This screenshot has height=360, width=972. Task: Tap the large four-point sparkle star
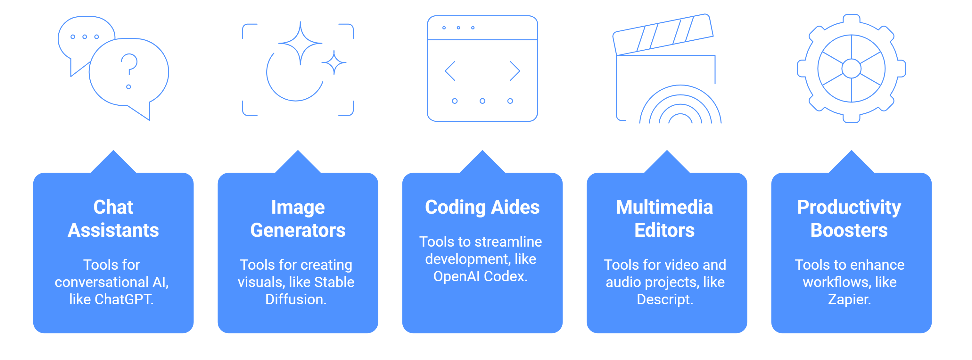pos(301,43)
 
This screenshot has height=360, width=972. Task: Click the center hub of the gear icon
pos(851,69)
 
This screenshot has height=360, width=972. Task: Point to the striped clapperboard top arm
pos(663,35)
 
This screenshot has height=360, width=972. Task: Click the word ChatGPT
pos(124,299)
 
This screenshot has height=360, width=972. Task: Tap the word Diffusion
pos(296,299)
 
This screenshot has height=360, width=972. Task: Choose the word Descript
pos(665,299)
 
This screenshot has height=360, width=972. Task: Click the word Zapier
pos(849,299)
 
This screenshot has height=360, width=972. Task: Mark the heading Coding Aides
pos(482,207)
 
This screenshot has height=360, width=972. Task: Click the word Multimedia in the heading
pos(664,207)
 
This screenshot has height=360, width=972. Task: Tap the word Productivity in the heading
pos(849,207)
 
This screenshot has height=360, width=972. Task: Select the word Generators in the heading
pos(298,230)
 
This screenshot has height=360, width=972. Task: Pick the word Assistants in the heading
pos(113,230)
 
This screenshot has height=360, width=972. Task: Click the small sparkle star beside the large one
pos(334,62)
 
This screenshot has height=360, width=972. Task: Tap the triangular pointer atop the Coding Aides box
pos(482,162)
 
